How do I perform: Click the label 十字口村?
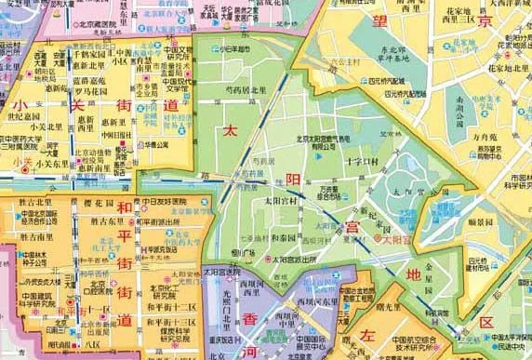point(359,162)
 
